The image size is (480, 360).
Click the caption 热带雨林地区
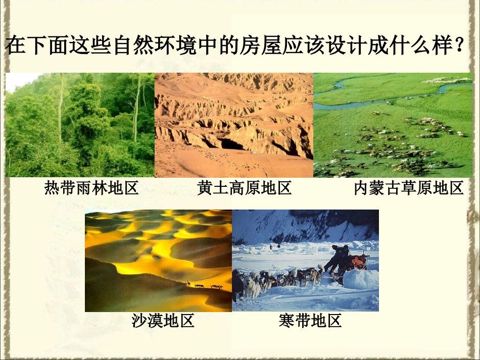[x=91, y=188]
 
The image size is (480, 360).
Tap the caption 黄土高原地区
[x=245, y=188]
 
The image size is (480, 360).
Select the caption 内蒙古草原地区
[x=408, y=188]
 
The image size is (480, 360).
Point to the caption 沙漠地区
[x=163, y=321]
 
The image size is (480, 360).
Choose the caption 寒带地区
[x=310, y=321]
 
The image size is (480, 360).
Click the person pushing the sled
[x=337, y=257]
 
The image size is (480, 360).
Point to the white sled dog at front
[x=251, y=286]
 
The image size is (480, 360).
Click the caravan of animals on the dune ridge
[x=205, y=286]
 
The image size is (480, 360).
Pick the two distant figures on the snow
[x=274, y=246]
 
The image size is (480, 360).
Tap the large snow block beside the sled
[x=360, y=279]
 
